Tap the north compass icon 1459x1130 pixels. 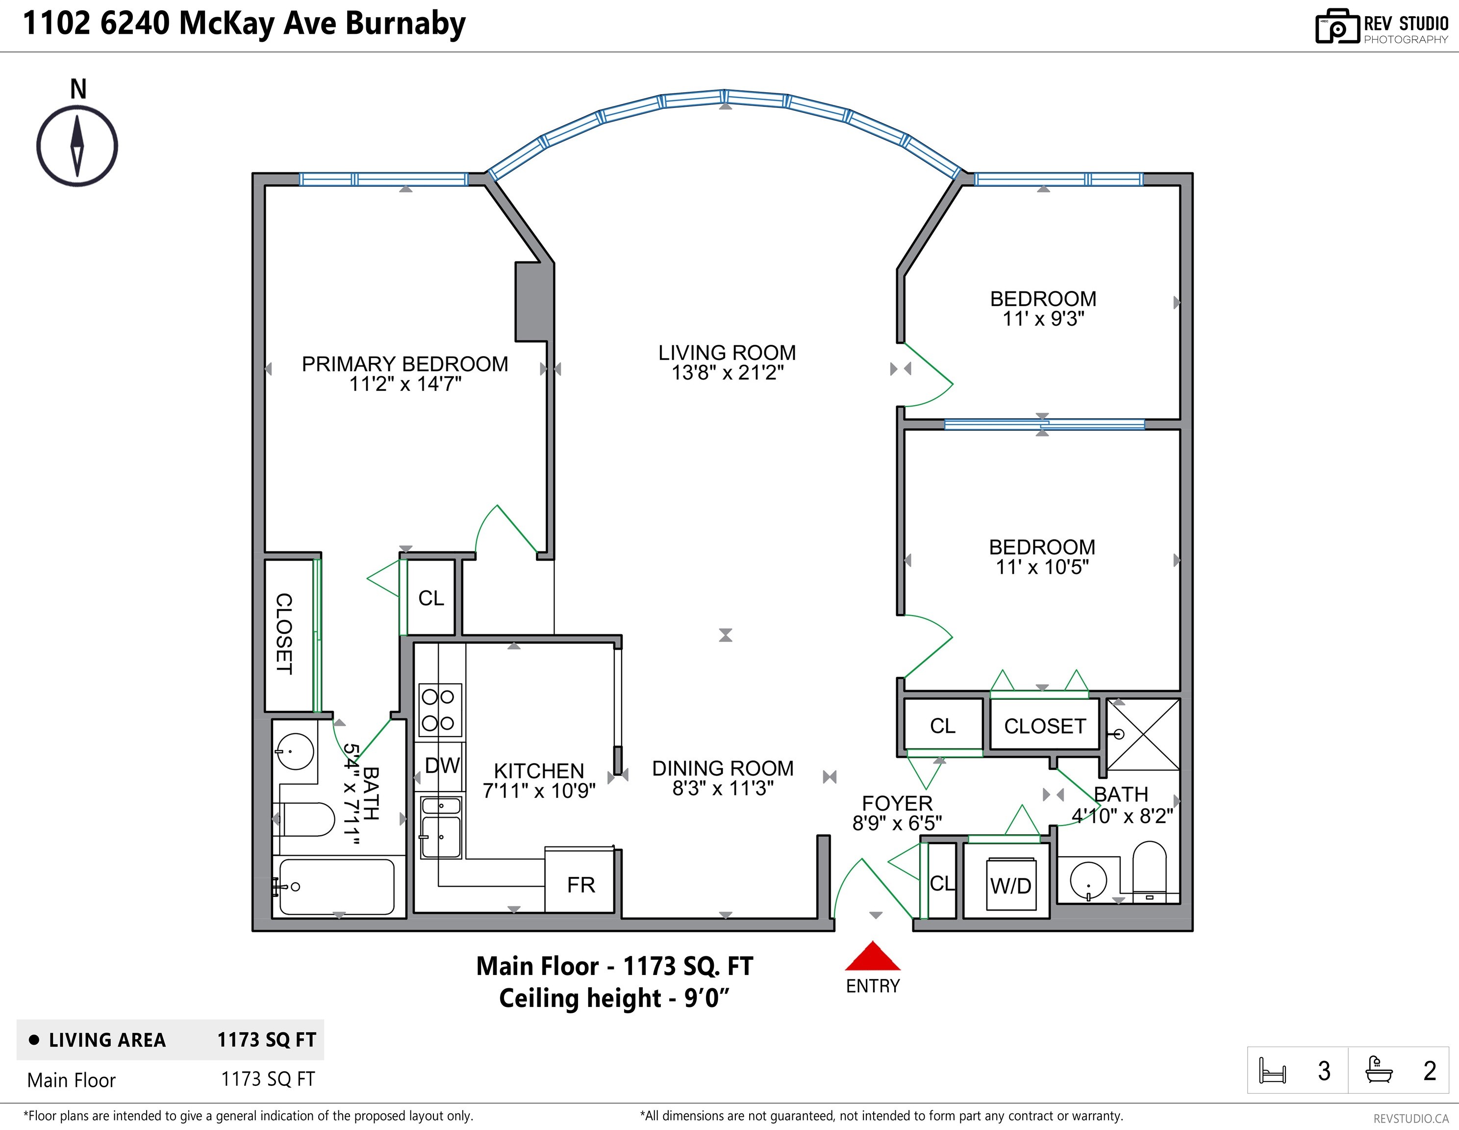(x=77, y=146)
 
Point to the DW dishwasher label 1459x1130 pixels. (x=442, y=765)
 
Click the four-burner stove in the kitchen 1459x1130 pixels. (x=440, y=710)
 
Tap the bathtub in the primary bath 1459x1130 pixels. (x=336, y=887)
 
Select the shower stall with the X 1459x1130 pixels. (x=1143, y=734)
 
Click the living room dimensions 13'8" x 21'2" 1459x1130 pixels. (x=727, y=373)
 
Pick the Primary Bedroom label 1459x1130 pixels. (x=405, y=364)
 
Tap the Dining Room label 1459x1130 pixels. (x=723, y=769)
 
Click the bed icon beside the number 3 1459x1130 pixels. (x=1272, y=1071)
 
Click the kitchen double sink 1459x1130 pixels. (x=441, y=827)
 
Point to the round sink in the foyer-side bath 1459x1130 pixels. (x=1088, y=880)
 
